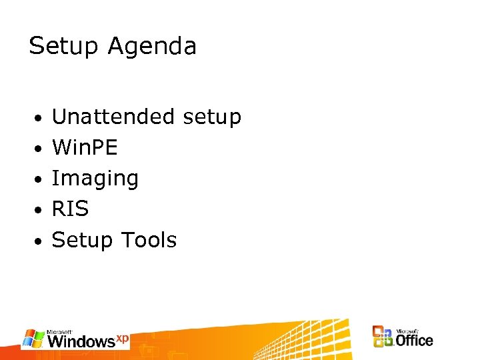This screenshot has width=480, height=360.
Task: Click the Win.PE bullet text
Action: click(x=85, y=147)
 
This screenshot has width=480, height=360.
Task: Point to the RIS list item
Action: click(x=70, y=209)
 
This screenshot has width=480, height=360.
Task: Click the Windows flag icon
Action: click(x=34, y=339)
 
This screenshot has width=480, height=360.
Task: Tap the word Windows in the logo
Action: click(x=81, y=341)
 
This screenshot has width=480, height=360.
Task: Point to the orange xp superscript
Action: click(x=122, y=337)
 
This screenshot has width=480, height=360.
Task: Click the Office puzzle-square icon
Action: click(x=383, y=337)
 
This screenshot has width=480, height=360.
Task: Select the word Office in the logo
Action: click(x=414, y=340)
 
